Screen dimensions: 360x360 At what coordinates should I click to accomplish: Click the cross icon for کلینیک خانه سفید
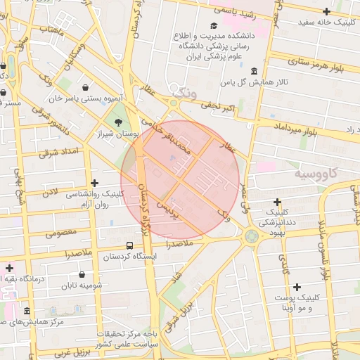326,11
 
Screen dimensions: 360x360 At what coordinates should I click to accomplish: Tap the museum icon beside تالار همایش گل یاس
253,72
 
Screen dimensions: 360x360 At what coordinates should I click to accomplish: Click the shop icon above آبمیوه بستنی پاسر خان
86,88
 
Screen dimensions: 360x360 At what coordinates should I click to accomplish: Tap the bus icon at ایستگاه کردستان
129,245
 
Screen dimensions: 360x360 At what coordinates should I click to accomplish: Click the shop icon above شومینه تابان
82,274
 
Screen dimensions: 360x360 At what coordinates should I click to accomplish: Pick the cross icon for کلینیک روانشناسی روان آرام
94,183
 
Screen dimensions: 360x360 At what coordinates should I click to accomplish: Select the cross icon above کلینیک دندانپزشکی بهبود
278,202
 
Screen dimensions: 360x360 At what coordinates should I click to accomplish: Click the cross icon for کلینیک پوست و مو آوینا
297,287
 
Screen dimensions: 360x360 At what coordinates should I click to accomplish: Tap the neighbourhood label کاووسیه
316,173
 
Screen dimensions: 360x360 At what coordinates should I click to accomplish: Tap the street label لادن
50,192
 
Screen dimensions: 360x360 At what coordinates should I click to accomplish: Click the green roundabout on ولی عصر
251,237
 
